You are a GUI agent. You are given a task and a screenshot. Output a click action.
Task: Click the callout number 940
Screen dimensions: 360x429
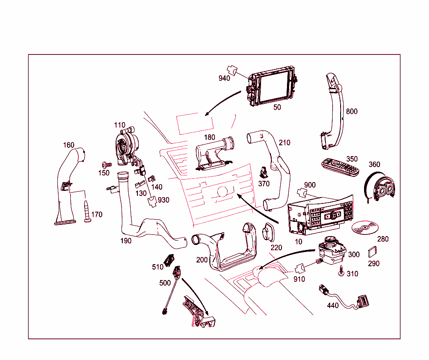click(224, 78)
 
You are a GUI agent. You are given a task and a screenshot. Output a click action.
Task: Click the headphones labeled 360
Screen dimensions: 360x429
click(380, 188)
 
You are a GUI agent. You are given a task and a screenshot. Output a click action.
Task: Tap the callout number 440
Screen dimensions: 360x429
click(333, 306)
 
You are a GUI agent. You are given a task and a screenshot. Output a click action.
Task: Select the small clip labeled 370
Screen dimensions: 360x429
click(264, 172)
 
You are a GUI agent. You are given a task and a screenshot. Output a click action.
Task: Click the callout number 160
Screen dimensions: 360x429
click(69, 145)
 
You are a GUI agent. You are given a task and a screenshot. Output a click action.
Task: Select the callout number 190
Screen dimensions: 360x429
click(126, 241)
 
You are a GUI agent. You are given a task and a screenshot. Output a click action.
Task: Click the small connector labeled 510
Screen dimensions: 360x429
click(170, 260)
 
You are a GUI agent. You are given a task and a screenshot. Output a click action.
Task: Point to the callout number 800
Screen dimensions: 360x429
click(352, 111)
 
